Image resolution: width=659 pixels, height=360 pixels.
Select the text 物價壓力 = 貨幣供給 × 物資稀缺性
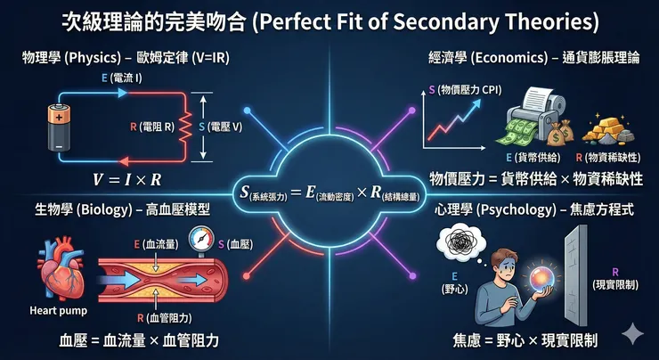(535, 178)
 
